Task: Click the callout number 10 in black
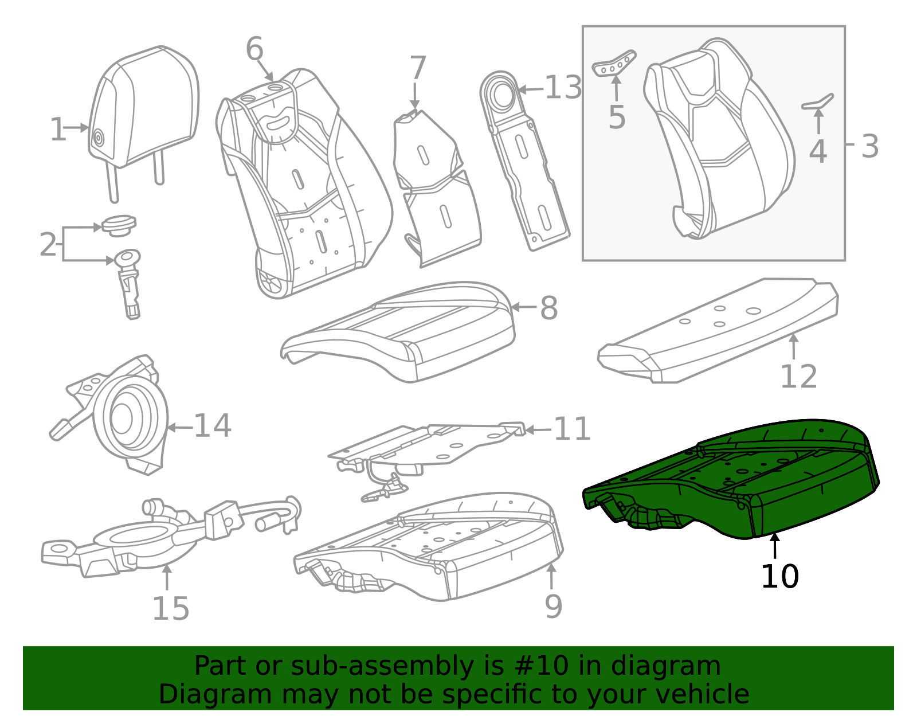(779, 577)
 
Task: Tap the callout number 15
(170, 609)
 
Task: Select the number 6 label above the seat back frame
(254, 49)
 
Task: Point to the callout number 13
(563, 88)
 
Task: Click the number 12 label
(798, 377)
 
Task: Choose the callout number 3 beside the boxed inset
(869, 147)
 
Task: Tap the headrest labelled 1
(143, 109)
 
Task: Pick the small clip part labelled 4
(818, 103)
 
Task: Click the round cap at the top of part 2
(119, 224)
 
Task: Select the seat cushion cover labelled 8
(401, 332)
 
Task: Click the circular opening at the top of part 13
(503, 95)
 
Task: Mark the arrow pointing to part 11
(538, 430)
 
